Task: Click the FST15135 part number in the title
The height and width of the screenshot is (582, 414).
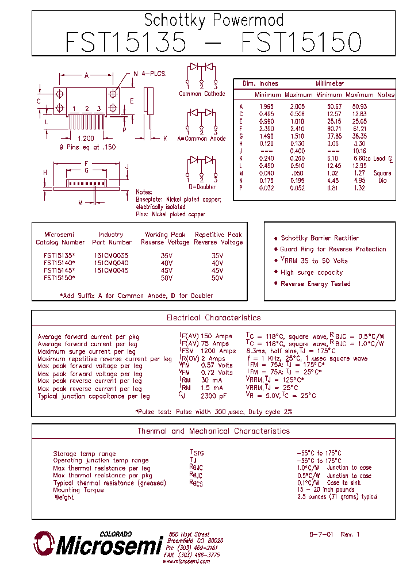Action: point(126,43)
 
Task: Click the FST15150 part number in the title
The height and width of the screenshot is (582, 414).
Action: point(301,43)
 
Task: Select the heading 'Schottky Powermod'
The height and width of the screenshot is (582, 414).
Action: point(213,20)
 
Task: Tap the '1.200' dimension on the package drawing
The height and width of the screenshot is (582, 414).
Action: point(86,139)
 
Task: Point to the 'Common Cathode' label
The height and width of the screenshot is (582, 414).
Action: point(202,94)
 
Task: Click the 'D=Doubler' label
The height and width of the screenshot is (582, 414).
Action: point(201,186)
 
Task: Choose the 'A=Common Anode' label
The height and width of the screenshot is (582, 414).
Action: point(201,139)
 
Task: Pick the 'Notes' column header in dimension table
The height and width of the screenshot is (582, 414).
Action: point(386,94)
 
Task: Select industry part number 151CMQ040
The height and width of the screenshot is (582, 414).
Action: point(111,263)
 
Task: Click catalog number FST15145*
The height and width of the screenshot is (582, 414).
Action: point(59,270)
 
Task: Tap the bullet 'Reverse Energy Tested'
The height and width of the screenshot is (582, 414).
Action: point(315,284)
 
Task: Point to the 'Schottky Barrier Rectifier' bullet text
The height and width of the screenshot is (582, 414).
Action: point(320,238)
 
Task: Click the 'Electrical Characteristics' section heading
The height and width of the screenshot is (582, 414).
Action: point(213,317)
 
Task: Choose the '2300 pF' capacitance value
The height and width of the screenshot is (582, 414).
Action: point(214,396)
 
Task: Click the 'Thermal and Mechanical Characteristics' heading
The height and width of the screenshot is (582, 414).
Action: point(213,431)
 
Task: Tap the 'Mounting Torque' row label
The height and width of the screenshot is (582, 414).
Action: point(78,490)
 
